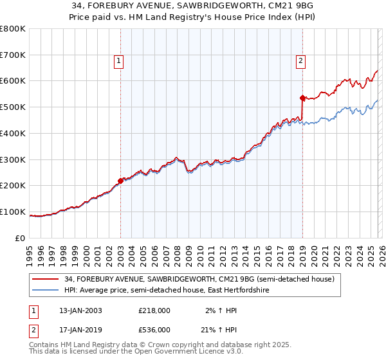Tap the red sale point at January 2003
[x=120, y=181]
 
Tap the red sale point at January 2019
[x=302, y=98]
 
